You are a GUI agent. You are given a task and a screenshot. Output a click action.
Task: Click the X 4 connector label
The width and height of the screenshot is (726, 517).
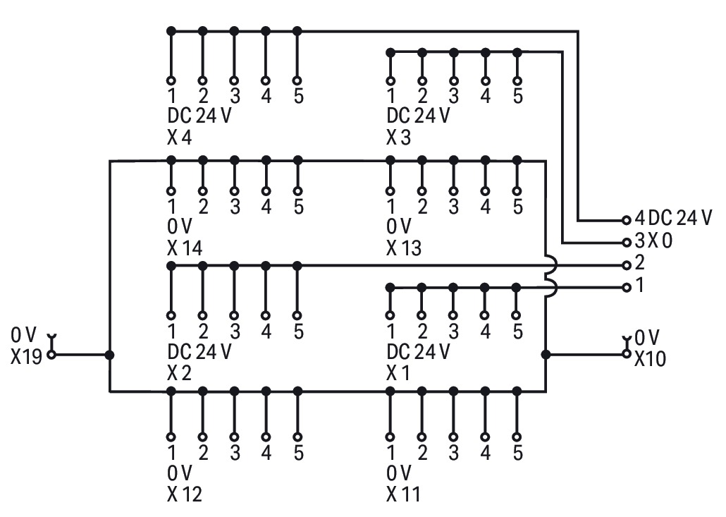[180, 138]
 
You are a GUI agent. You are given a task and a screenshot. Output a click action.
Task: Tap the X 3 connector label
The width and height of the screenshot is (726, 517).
[398, 138]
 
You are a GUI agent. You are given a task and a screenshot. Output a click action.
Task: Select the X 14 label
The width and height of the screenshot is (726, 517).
[185, 248]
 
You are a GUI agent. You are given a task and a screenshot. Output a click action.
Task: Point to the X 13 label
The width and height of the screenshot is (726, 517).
[403, 248]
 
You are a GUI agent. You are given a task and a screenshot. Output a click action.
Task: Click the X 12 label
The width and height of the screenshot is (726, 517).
[185, 494]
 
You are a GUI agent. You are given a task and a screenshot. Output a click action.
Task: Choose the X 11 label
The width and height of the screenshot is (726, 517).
[403, 494]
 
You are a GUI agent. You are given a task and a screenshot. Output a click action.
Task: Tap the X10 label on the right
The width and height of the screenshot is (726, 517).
[649, 359]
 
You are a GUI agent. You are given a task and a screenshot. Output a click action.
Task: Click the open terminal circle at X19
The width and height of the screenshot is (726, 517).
[51, 355]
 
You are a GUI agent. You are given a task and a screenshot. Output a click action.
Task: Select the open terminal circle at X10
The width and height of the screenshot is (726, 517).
[626, 354]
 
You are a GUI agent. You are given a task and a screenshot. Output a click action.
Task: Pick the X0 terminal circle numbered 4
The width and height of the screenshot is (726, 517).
[626, 220]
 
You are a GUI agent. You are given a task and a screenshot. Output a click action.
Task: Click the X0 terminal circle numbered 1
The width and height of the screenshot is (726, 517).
[626, 287]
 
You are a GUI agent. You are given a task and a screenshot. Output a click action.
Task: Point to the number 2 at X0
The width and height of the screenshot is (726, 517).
[640, 264]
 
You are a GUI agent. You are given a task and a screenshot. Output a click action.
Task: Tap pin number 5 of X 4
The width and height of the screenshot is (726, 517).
[298, 97]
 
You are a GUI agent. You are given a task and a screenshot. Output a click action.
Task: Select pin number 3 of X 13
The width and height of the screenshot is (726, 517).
[453, 207]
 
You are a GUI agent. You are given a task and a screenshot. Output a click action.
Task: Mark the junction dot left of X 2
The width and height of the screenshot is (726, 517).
[109, 355]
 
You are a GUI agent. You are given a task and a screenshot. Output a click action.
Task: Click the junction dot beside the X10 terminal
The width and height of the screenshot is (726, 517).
[546, 354]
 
